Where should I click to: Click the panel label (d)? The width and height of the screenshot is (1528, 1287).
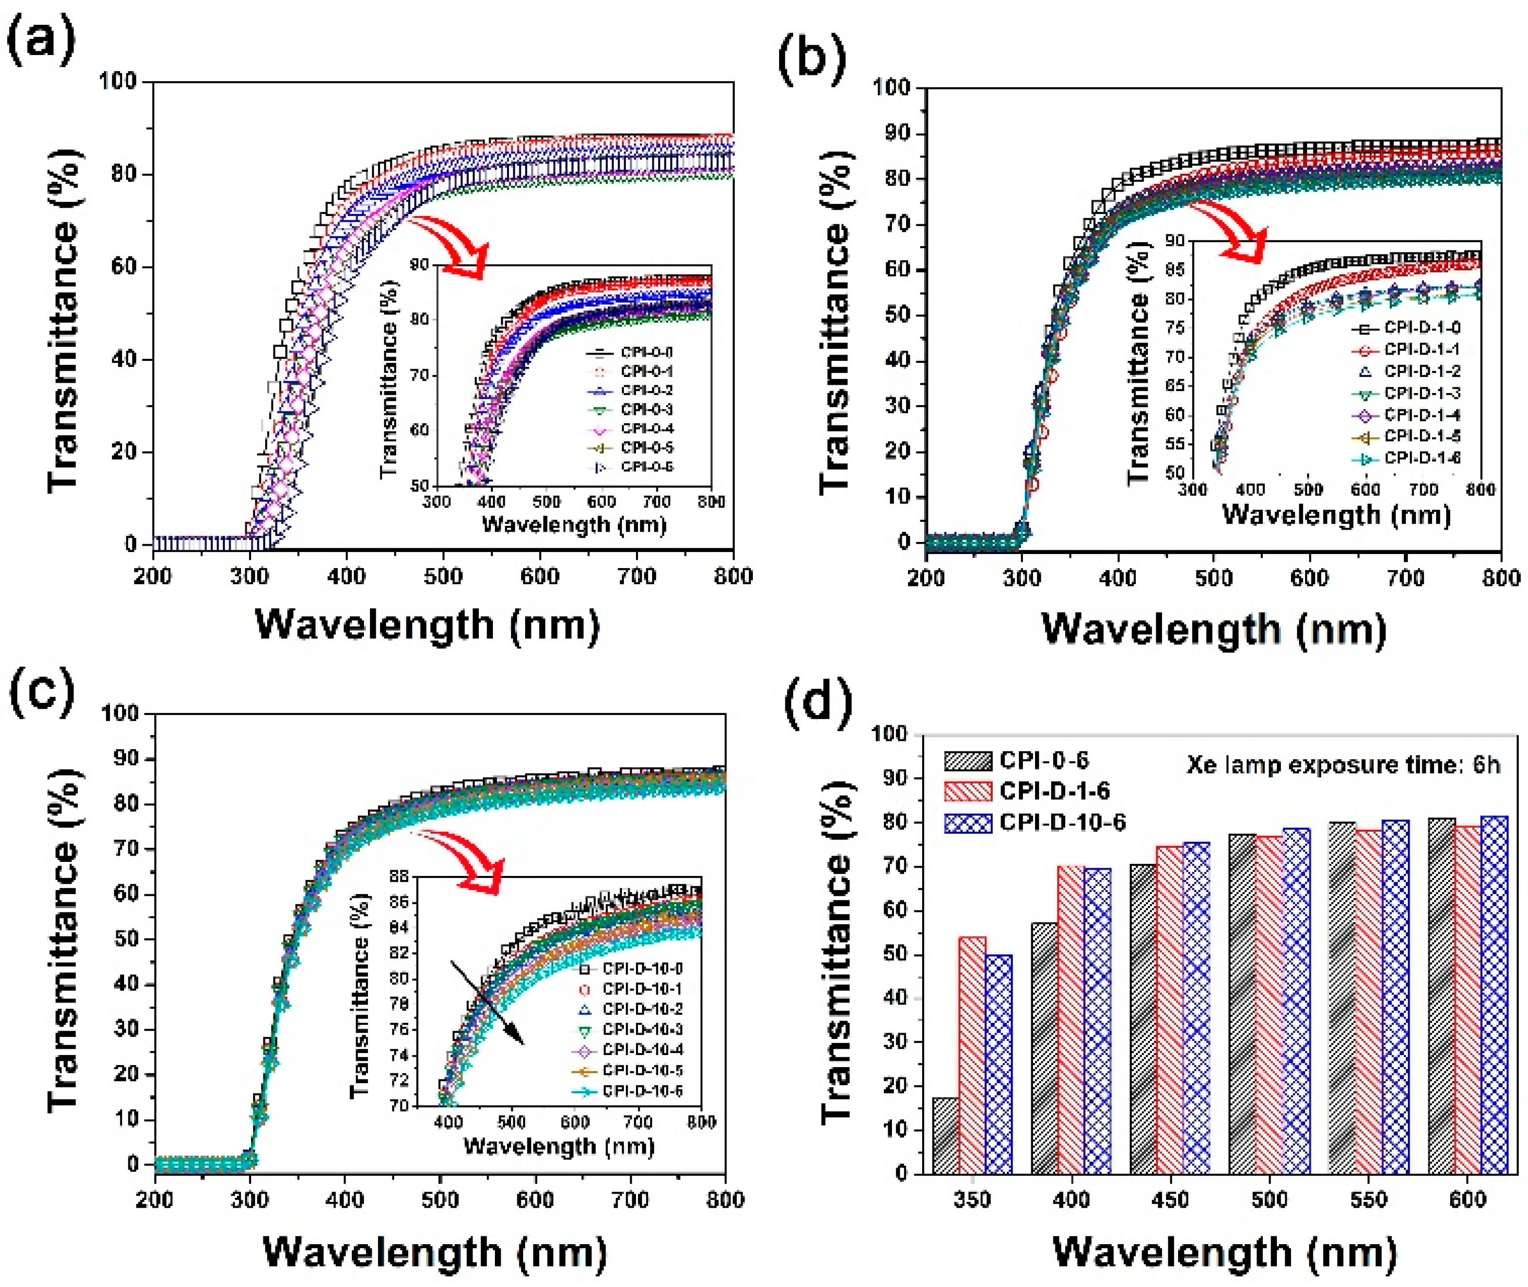[818, 700]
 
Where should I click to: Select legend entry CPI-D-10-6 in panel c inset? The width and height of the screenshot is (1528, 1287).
[642, 1090]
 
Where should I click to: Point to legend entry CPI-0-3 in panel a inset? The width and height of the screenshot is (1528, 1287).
[646, 410]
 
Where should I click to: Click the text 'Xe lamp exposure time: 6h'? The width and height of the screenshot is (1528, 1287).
[1343, 765]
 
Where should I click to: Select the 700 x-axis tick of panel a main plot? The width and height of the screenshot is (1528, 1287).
[636, 576]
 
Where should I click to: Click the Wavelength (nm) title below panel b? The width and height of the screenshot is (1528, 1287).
[1213, 629]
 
